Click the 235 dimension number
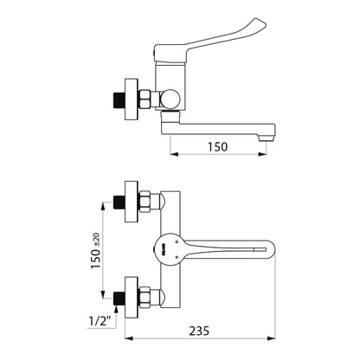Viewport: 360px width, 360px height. click(x=199, y=331)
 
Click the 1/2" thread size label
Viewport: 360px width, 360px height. click(x=100, y=320)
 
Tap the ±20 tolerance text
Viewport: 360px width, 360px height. click(x=96, y=240)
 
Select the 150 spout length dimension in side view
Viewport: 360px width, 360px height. click(x=218, y=147)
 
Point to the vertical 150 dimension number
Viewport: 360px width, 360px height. click(x=96, y=259)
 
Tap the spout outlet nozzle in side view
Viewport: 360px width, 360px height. click(x=266, y=138)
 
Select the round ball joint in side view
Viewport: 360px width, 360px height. click(x=170, y=99)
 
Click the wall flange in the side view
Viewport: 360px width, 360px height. click(x=132, y=99)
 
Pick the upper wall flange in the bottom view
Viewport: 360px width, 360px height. click(x=132, y=202)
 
